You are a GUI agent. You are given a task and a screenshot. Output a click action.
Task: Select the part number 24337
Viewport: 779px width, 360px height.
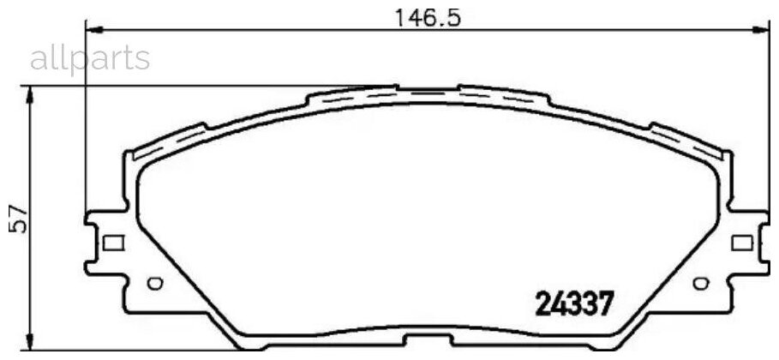point(574,303)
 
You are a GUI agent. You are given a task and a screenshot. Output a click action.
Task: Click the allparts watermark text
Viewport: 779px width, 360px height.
point(90,58)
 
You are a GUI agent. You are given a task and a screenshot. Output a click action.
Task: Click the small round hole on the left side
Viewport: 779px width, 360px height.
point(153,283)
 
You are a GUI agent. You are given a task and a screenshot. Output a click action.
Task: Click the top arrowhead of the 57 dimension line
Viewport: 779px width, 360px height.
point(32,93)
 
